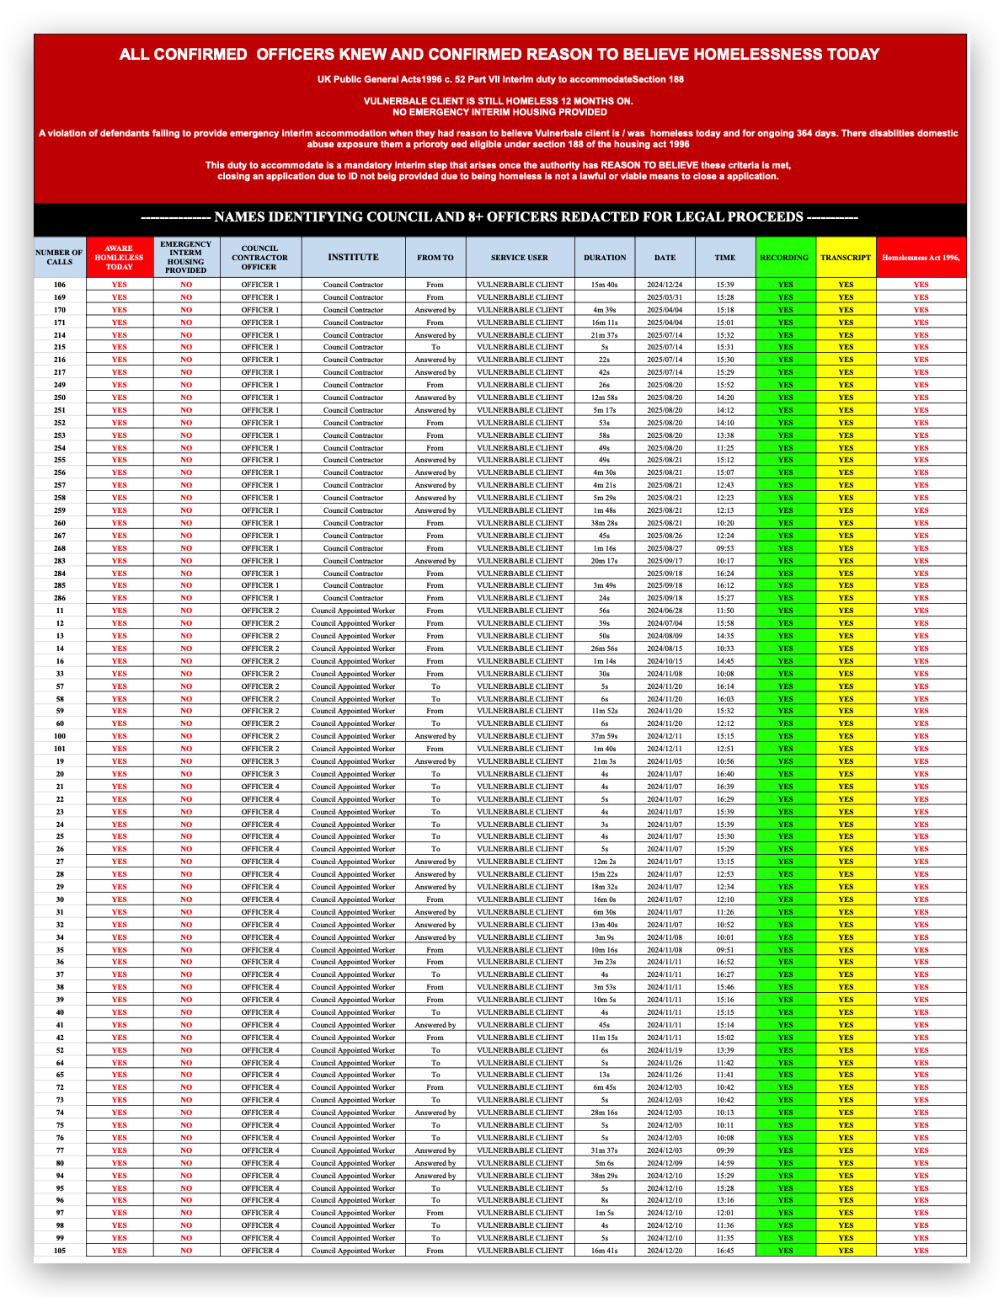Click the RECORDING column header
[x=785, y=258]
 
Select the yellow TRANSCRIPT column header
[x=846, y=258]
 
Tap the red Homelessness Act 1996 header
[x=921, y=258]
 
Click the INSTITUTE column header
[x=353, y=257]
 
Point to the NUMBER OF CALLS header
[x=59, y=257]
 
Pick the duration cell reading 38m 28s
[x=605, y=523]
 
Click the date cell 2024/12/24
[x=665, y=285]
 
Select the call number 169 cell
[x=59, y=297]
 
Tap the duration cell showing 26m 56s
[x=605, y=648]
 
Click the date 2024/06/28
[x=665, y=611]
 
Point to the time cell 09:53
[x=724, y=548]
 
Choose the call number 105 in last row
[x=59, y=1251]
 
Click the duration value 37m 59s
[x=605, y=736]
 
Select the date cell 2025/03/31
[x=665, y=297]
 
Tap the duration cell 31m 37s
[x=605, y=1150]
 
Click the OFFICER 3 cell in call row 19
[x=259, y=761]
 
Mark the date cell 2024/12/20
[x=665, y=1251]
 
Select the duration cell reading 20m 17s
[x=605, y=561]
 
